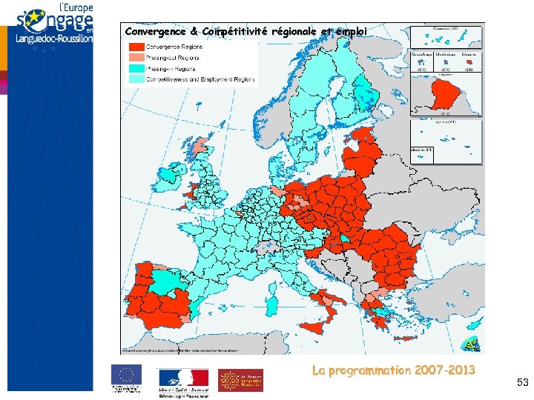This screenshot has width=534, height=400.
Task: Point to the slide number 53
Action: [x=522, y=382]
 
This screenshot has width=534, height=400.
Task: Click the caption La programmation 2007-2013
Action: [x=393, y=370]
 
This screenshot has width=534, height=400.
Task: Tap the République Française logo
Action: [x=182, y=379]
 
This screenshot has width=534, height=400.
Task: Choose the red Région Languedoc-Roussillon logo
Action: [x=240, y=380]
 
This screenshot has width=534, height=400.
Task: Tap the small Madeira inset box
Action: [x=423, y=153]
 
